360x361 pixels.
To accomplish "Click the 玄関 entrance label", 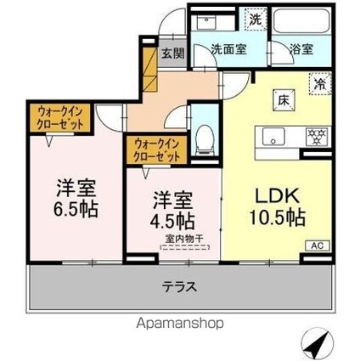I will (170, 51).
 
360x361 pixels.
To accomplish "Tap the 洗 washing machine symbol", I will (254, 17).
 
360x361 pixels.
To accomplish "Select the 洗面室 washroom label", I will (229, 49).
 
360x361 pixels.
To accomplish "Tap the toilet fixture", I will (204, 137).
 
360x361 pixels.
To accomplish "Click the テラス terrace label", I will (180, 288).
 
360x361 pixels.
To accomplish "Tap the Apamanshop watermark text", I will (185, 323).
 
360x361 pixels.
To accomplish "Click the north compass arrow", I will (322, 342).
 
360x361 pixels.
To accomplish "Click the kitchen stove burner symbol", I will (313, 136).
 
